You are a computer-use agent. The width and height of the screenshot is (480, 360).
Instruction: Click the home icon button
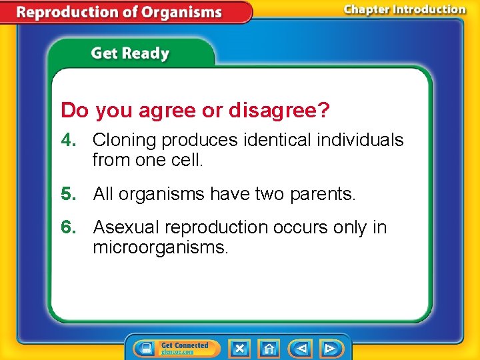269,348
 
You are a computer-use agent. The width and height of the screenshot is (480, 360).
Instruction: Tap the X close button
239,348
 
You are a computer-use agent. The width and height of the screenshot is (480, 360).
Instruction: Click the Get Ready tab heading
130,53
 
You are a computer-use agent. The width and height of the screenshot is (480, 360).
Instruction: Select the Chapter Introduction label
404,9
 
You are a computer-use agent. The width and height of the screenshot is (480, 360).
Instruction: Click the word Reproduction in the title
69,12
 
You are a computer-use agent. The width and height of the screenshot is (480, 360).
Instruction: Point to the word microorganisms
160,248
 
